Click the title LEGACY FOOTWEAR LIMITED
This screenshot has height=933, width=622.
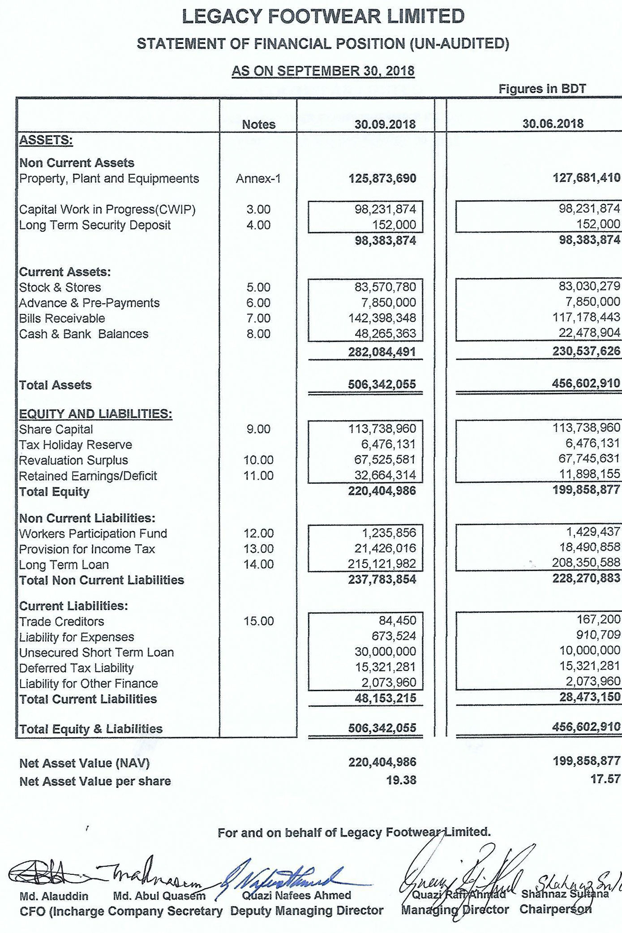[323, 17]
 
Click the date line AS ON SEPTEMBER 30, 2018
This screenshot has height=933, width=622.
[323, 71]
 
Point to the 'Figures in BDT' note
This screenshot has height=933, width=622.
[542, 89]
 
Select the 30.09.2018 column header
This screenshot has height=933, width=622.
[385, 124]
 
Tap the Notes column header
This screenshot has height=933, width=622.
[258, 125]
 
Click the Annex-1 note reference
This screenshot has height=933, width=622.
[258, 179]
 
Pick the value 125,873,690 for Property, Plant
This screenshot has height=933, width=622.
[382, 178]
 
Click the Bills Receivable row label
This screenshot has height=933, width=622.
[62, 318]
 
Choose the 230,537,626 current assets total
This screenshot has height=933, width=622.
[586, 351]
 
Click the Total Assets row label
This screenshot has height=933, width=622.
[55, 385]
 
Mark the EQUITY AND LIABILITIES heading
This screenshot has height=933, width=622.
[95, 413]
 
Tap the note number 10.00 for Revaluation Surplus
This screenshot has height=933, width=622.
[258, 460]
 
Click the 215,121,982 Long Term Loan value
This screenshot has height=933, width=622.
[382, 564]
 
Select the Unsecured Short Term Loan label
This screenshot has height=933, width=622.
[96, 653]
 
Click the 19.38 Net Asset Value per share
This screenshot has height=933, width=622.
[401, 780]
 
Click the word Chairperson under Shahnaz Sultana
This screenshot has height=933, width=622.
[555, 910]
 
